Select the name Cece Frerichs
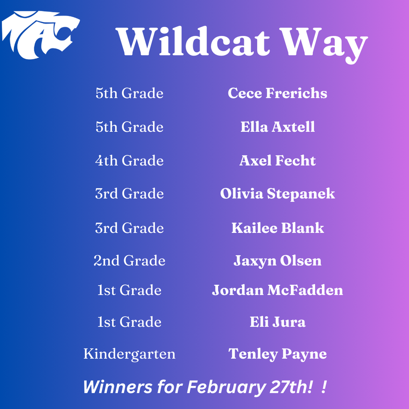[x=277, y=93]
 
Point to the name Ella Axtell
[x=277, y=127]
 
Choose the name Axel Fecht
[x=277, y=161]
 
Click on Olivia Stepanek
[x=277, y=194]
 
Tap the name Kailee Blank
[x=277, y=228]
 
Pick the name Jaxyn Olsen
[x=277, y=261]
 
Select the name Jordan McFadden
[x=277, y=290]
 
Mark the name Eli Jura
[x=277, y=322]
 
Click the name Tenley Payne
[x=277, y=354]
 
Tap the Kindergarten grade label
[x=129, y=354]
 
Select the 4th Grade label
[x=129, y=161]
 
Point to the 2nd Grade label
[x=129, y=261]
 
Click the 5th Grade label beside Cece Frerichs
[x=129, y=93]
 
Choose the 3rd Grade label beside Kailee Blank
[x=129, y=228]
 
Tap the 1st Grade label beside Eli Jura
[x=129, y=322]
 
